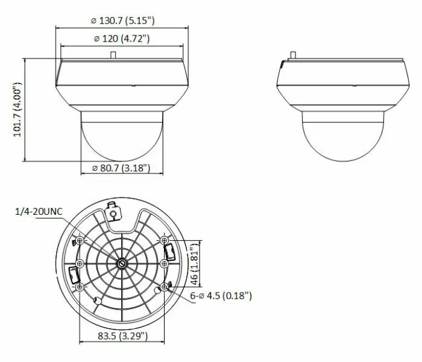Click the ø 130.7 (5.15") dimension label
pos(122,21)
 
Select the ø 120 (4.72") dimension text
pos(122,39)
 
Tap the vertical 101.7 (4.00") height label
pos(17,113)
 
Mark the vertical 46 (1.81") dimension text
pos(194,264)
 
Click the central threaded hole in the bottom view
pos(121,263)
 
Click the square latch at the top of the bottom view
pos(112,212)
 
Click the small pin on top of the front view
pos(113,54)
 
